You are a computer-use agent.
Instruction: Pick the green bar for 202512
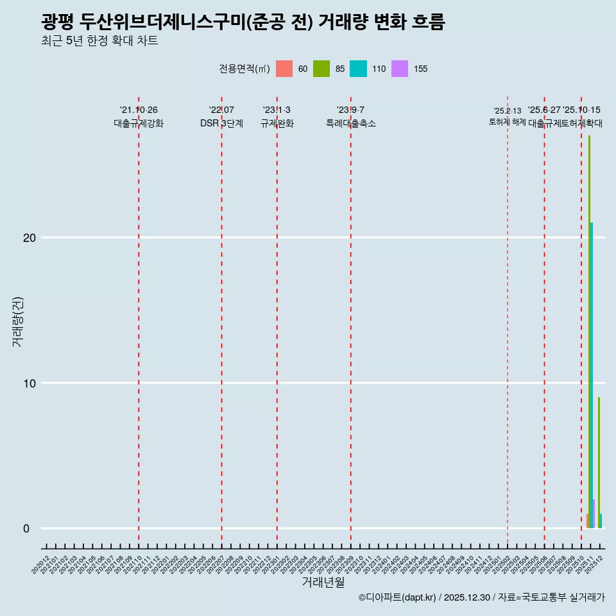point(599,462)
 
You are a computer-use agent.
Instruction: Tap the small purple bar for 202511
point(594,514)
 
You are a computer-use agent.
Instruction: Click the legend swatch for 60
point(284,69)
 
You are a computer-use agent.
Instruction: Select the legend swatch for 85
point(321,69)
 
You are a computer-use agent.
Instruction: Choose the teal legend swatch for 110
point(358,69)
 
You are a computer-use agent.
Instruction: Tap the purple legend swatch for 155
point(400,69)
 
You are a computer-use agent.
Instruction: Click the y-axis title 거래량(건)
point(17,321)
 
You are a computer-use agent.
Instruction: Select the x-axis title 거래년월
point(323,583)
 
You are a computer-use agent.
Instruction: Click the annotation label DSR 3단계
point(221,124)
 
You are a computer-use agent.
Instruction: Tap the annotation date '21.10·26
point(139,110)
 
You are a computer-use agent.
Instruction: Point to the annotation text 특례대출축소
point(351,124)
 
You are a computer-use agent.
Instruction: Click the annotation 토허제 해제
point(508,122)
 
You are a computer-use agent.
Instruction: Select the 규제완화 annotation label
point(277,124)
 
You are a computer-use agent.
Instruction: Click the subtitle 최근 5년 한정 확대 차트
point(99,41)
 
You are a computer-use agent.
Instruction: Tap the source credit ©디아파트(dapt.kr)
point(397,597)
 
